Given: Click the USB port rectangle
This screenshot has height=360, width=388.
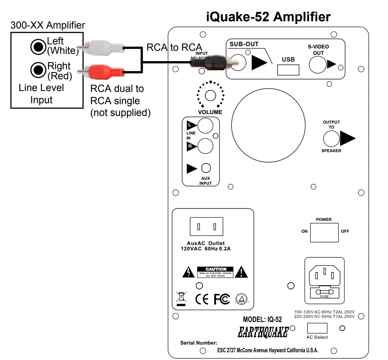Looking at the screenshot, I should click(288, 69).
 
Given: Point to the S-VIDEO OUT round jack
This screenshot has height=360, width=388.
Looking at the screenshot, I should click(318, 64).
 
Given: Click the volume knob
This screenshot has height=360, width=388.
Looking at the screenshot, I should click(210, 95).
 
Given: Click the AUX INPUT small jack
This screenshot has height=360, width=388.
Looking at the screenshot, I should click(206, 168).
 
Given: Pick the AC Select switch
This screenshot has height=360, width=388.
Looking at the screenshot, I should click(317, 328).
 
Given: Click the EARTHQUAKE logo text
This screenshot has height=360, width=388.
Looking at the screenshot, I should click(263, 332).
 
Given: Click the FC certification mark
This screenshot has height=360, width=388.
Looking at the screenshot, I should click(221, 299).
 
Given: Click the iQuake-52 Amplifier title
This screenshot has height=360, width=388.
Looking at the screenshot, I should click(268, 17).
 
